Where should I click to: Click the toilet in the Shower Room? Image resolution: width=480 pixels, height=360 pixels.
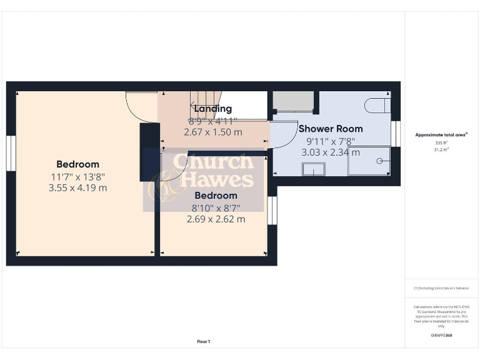377,105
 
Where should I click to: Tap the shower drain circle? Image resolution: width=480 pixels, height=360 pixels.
379,161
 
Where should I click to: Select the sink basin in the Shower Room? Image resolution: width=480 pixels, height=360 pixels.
313,169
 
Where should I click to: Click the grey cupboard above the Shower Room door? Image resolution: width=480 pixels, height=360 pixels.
292,102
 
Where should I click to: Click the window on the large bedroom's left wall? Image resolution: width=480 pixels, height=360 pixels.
11,153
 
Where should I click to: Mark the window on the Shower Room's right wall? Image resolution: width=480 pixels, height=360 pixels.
395,134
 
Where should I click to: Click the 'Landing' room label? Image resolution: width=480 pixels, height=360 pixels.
212,109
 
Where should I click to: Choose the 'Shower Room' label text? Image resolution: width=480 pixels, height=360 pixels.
331,129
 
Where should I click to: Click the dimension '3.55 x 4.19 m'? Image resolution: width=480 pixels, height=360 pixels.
77,187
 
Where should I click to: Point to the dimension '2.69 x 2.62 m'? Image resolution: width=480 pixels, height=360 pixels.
216,219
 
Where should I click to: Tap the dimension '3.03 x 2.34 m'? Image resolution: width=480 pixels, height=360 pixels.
331,152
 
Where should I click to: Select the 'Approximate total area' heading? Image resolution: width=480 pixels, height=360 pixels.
441,135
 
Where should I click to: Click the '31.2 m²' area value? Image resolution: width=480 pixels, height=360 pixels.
441,150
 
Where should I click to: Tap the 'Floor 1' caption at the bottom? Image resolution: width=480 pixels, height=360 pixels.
204,342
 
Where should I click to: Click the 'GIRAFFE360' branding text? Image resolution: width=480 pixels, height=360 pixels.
441,336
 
